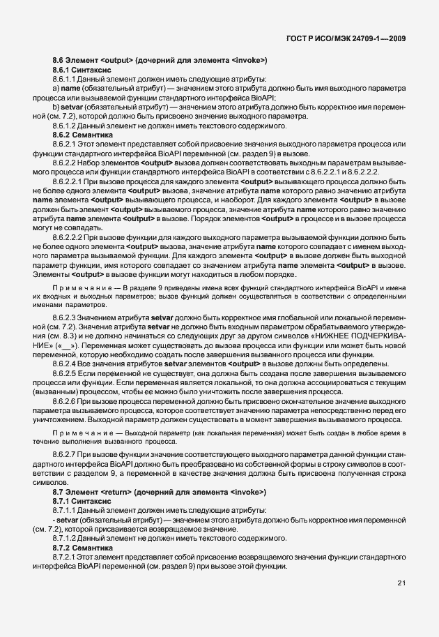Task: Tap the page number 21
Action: pos(402,584)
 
